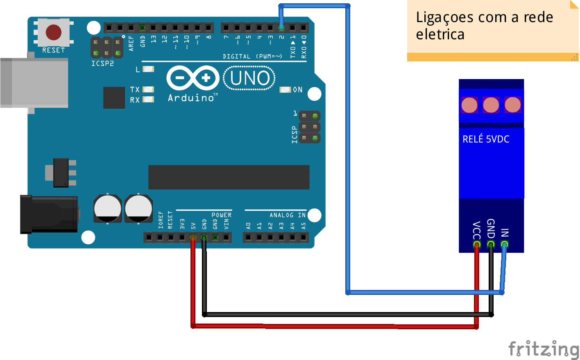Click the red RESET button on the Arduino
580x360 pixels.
click(54, 32)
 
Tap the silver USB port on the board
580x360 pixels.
click(34, 83)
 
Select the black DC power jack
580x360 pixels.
click(49, 214)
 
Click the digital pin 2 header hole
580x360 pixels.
click(281, 27)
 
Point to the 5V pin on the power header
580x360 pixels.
click(193, 237)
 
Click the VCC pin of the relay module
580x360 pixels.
click(477, 244)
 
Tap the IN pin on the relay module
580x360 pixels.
click(504, 244)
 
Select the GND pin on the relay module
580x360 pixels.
click(491, 244)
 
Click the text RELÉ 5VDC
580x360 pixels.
click(486, 139)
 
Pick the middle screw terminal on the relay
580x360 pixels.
click(491, 105)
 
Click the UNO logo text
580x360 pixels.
click(249, 78)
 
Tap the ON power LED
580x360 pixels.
click(285, 90)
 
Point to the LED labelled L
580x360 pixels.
click(148, 69)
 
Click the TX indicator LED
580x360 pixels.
click(148, 90)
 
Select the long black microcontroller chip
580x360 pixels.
click(229, 177)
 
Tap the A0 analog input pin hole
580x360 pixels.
click(248, 237)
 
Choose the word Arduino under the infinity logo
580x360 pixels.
click(191, 98)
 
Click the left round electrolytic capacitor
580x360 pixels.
click(107, 208)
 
